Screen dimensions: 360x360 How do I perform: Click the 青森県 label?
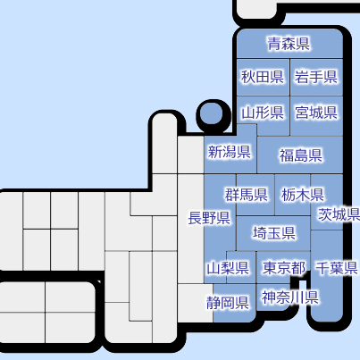click(x=289, y=44)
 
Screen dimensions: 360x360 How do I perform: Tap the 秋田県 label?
click(x=263, y=77)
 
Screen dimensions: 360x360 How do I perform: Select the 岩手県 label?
click(x=316, y=77)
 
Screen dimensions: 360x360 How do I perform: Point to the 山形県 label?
click(x=263, y=113)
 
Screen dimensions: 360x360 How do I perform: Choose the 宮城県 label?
click(x=316, y=113)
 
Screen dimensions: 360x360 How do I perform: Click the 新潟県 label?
click(x=229, y=152)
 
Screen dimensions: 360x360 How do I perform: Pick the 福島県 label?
click(x=300, y=155)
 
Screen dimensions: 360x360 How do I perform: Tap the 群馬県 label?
click(x=246, y=195)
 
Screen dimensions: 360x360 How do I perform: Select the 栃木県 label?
click(x=303, y=195)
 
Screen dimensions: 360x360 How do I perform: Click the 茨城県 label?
click(x=339, y=214)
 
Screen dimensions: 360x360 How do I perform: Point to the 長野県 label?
click(x=209, y=218)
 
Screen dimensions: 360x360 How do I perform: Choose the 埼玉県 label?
click(x=274, y=233)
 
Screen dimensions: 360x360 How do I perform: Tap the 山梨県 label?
click(x=228, y=268)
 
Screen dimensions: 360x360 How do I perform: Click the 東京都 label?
click(x=284, y=268)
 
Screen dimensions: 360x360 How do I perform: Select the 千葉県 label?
click(x=337, y=268)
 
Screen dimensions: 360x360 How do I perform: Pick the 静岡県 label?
click(x=228, y=303)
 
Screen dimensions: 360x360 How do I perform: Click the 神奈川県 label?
click(x=290, y=297)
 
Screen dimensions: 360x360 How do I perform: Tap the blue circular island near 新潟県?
click(x=211, y=113)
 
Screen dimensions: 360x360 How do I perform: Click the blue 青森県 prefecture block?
click(x=289, y=44)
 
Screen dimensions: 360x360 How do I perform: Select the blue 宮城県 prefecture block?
click(x=316, y=116)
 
